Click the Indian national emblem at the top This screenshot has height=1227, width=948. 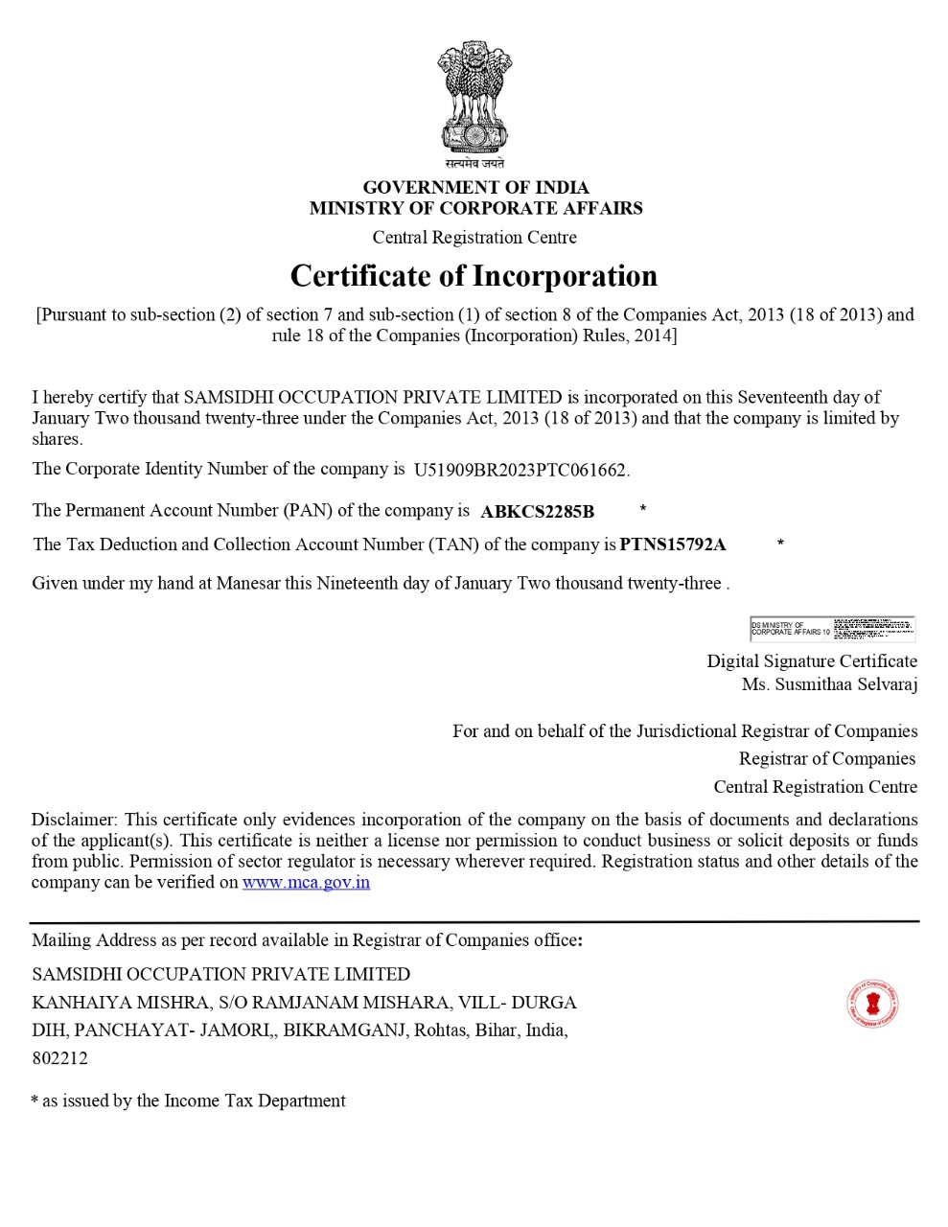pyautogui.click(x=474, y=102)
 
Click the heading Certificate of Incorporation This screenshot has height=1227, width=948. pyautogui.click(x=474, y=276)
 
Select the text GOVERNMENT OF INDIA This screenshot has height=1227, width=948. pyautogui.click(x=475, y=188)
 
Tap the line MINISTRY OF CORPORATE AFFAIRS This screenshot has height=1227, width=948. pyautogui.click(x=475, y=208)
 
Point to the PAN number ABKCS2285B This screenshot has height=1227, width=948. pyautogui.click(x=537, y=512)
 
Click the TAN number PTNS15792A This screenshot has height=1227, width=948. pyautogui.click(x=673, y=545)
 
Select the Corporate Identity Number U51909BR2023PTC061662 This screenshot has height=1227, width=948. pyautogui.click(x=520, y=471)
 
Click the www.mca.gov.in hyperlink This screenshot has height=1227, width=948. pyautogui.click(x=306, y=883)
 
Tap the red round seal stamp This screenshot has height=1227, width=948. pyautogui.click(x=872, y=1005)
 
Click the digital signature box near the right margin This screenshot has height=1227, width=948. pyautogui.click(x=832, y=629)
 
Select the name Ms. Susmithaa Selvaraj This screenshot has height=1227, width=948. pyautogui.click(x=829, y=684)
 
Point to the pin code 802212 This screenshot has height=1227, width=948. pyautogui.click(x=59, y=1059)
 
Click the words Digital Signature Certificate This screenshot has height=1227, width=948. pyautogui.click(x=812, y=661)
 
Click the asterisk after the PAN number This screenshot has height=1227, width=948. pyautogui.click(x=642, y=509)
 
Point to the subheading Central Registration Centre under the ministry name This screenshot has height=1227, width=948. pyautogui.click(x=474, y=238)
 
